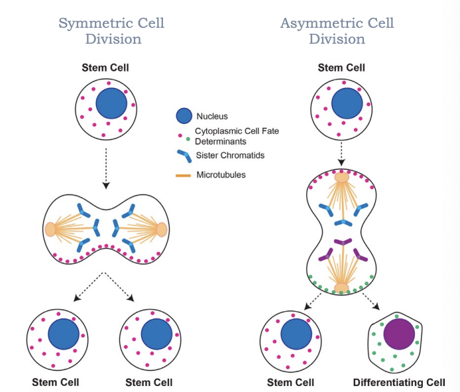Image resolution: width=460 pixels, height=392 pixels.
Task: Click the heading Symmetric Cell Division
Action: (x=111, y=31)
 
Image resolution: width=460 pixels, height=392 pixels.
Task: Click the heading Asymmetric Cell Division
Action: (x=337, y=31)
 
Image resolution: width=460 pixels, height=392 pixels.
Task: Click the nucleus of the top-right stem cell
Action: (x=347, y=105)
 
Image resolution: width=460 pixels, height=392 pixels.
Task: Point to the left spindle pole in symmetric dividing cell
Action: (x=51, y=229)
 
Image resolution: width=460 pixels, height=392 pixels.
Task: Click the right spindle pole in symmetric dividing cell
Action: (x=161, y=229)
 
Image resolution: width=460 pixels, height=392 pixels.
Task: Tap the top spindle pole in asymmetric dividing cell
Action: (x=341, y=177)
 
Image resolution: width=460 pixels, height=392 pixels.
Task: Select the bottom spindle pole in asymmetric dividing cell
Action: (x=341, y=287)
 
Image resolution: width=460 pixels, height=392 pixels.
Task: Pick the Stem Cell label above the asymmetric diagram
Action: (x=341, y=68)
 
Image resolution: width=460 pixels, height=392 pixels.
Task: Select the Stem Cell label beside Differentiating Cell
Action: (x=290, y=383)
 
